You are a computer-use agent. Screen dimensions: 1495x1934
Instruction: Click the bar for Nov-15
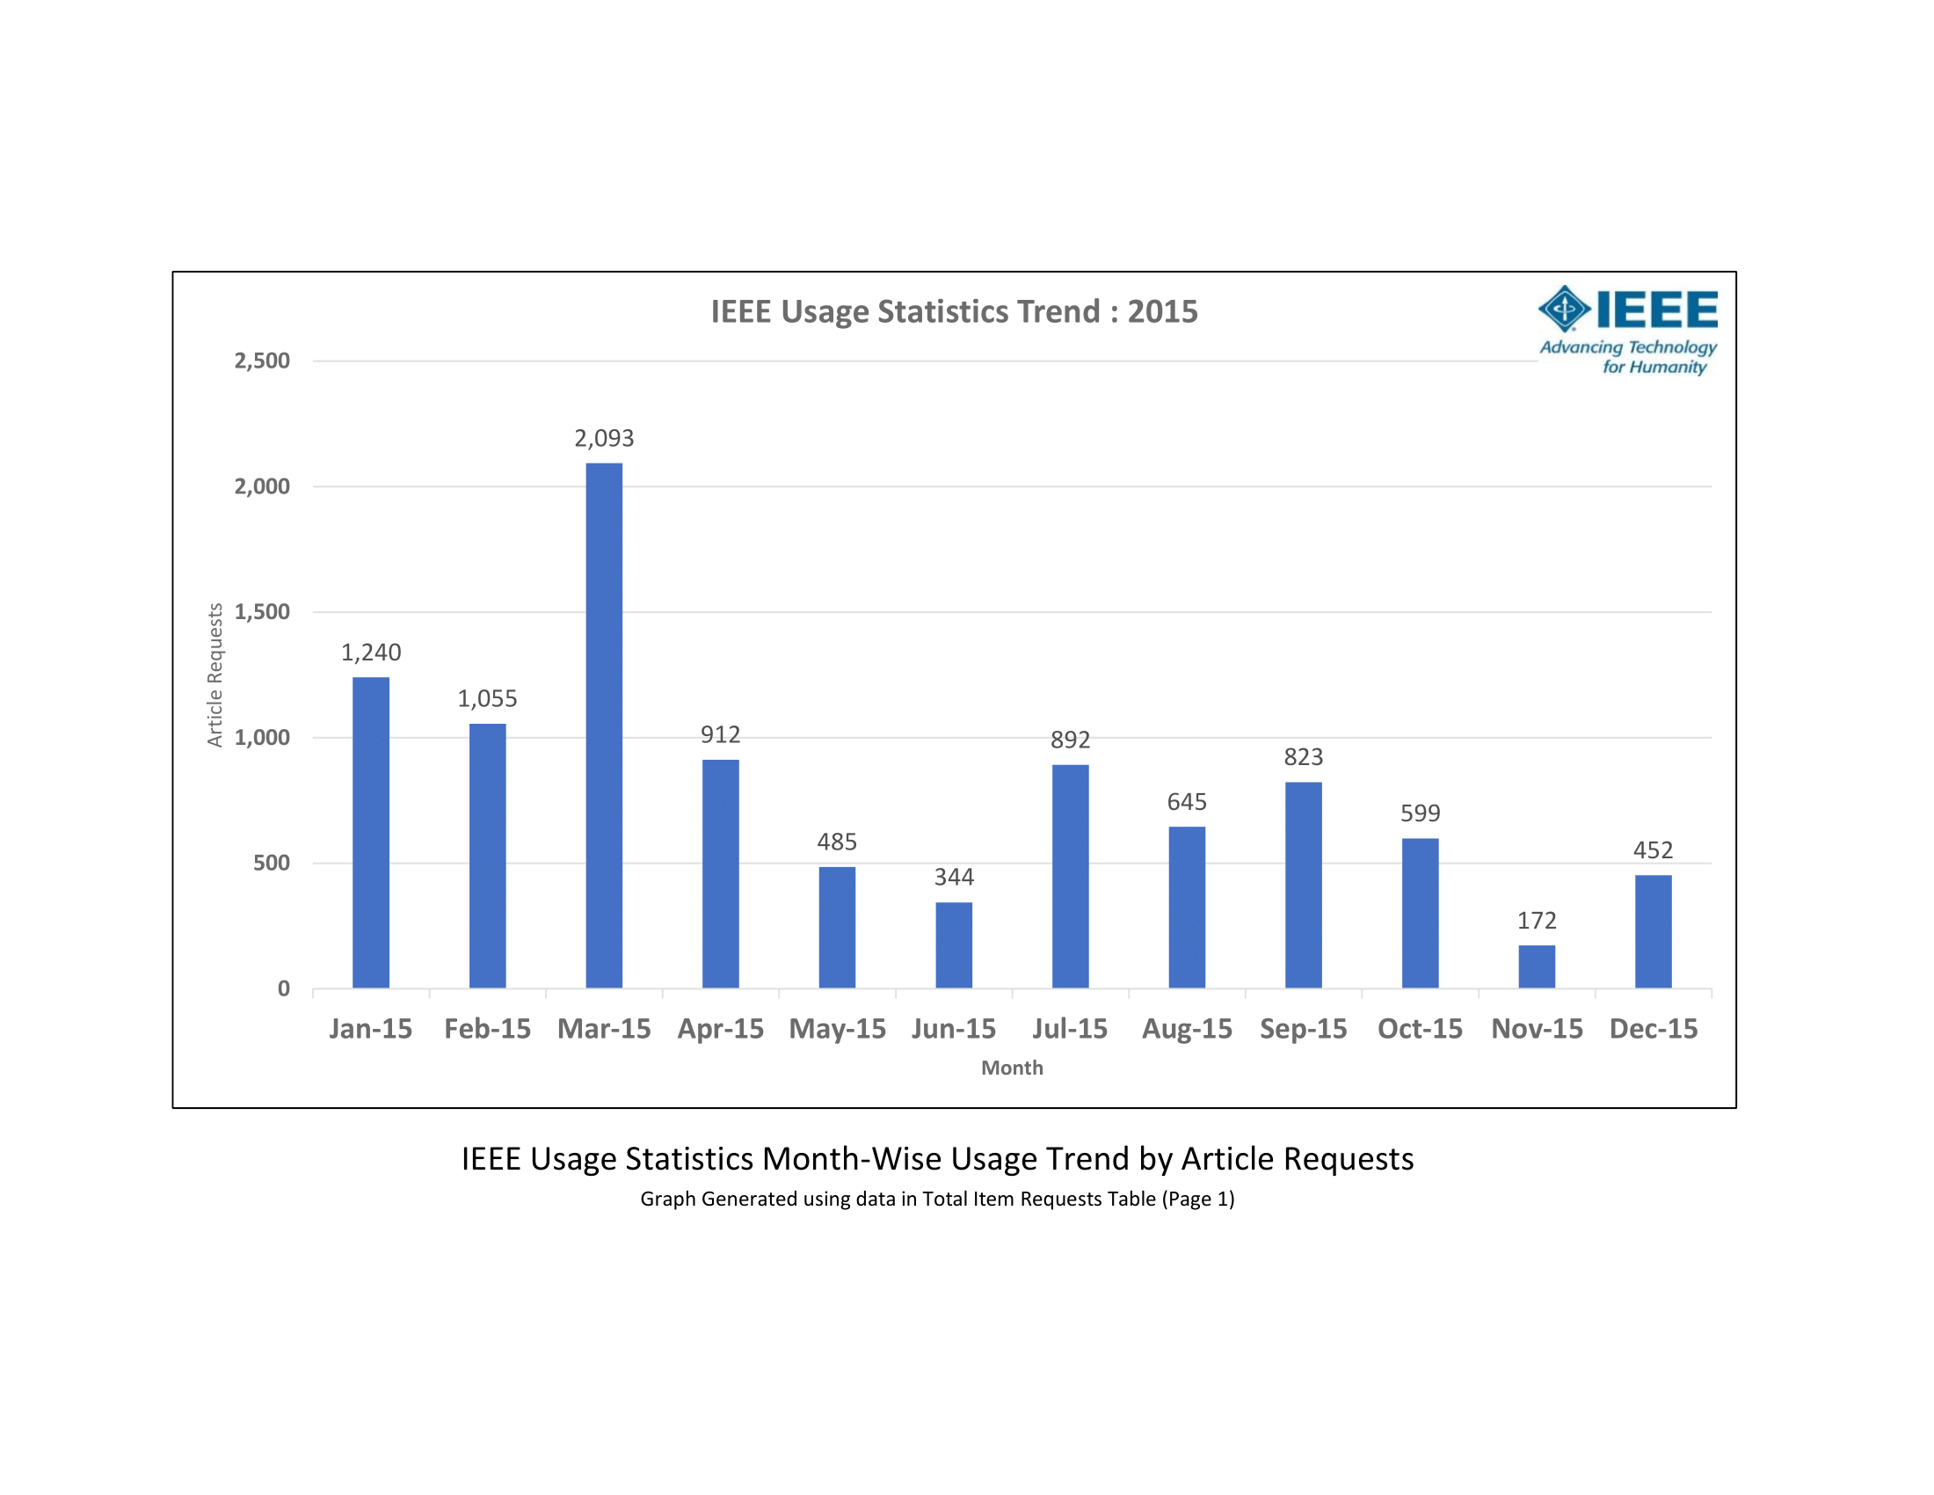tap(1537, 966)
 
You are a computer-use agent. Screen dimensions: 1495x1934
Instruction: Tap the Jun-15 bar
tap(954, 945)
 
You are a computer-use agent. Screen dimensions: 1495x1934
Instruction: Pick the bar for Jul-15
tap(1070, 876)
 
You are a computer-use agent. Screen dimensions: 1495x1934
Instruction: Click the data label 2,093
tap(604, 439)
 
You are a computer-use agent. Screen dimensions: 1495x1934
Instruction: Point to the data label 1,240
tap(371, 653)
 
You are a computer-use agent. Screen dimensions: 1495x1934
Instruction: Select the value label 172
tap(1537, 921)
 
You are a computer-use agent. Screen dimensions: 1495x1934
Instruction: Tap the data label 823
tap(1304, 757)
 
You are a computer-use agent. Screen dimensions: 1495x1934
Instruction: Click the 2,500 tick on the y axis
tap(262, 361)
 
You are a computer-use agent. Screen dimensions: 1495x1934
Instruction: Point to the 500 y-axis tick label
tap(271, 864)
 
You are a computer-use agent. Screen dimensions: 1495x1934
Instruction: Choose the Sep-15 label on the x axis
tap(1304, 1029)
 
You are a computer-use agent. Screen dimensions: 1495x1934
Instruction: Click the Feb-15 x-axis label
tap(487, 1029)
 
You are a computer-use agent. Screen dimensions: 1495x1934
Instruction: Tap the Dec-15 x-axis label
tap(1654, 1029)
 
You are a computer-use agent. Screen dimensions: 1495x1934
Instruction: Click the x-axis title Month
tap(1012, 1068)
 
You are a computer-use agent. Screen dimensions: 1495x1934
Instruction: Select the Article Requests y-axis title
tap(214, 675)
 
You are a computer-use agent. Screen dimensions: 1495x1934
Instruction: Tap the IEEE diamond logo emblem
tap(1564, 308)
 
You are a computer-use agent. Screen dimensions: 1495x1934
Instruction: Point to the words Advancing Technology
tap(1627, 347)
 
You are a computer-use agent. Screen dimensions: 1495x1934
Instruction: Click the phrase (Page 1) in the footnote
tap(1198, 1200)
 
